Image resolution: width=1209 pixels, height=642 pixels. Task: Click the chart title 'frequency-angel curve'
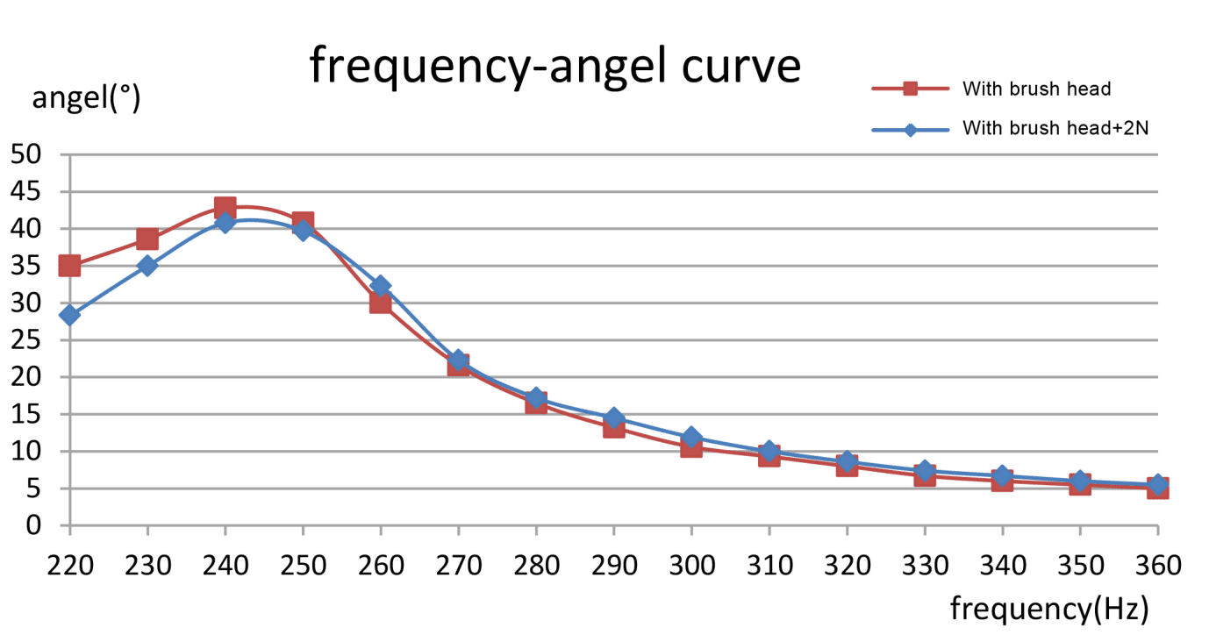click(x=554, y=66)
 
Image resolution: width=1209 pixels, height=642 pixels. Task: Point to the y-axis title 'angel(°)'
click(x=86, y=98)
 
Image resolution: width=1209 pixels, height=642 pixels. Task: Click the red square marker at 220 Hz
click(x=69, y=266)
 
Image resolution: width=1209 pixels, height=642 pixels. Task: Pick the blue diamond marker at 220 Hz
click(x=69, y=315)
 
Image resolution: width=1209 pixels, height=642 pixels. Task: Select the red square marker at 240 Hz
click(x=225, y=208)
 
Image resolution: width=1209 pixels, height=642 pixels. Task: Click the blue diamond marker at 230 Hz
click(x=147, y=266)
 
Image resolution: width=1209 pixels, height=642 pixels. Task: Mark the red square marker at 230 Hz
click(x=147, y=239)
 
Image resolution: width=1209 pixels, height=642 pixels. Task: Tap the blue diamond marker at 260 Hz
click(x=381, y=286)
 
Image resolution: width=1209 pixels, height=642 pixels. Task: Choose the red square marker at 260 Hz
click(x=380, y=303)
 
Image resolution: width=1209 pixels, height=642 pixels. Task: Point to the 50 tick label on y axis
click(x=26, y=155)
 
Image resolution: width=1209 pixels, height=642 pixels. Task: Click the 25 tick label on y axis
click(x=26, y=340)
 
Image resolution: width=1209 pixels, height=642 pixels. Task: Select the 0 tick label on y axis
click(x=34, y=526)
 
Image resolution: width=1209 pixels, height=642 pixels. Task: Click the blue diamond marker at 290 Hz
click(x=613, y=417)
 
